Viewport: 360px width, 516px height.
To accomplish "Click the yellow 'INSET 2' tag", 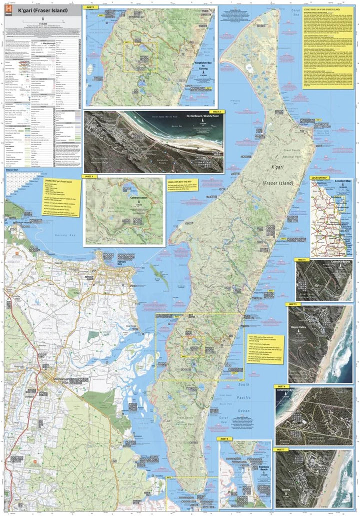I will (216, 112).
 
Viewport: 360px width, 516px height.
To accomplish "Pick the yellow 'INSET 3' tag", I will (89, 176).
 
